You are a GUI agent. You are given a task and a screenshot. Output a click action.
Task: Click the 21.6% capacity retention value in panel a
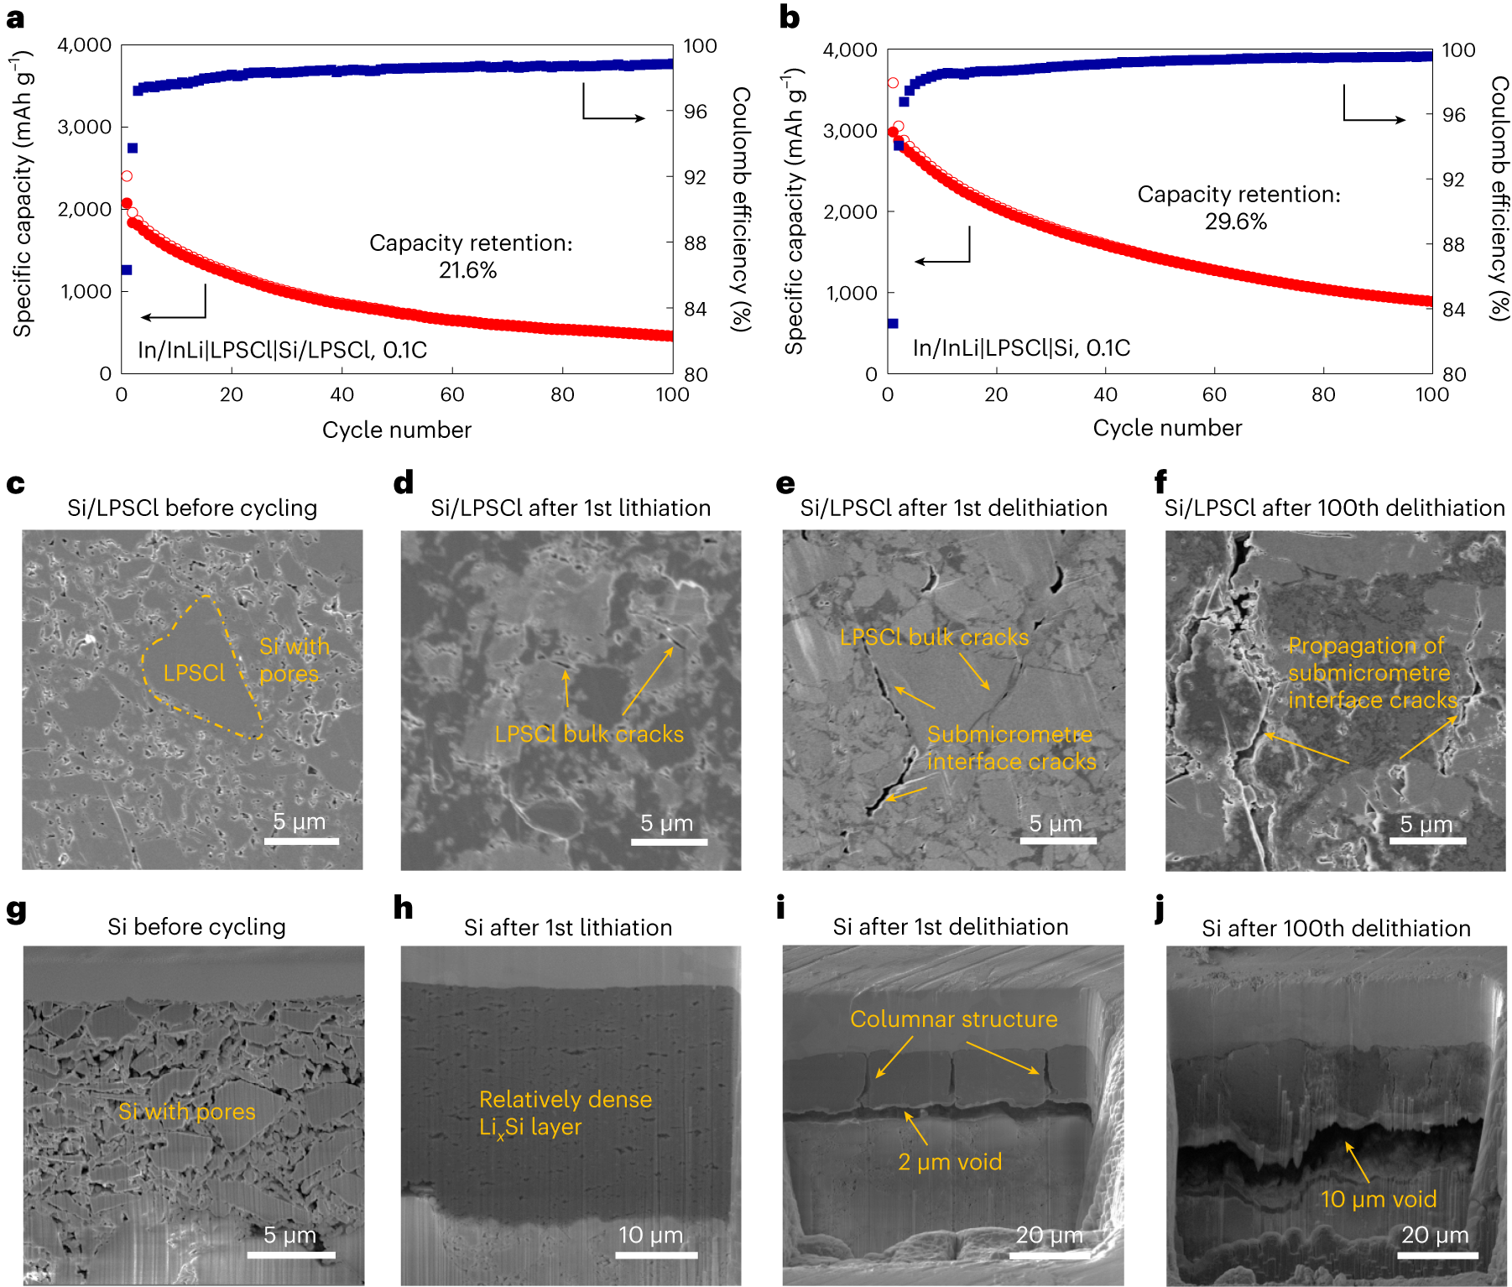pyautogui.click(x=467, y=270)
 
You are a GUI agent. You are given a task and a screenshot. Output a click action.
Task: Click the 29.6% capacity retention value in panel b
pyautogui.click(x=1235, y=221)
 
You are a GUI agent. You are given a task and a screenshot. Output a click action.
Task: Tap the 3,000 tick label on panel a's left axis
pyautogui.click(x=84, y=127)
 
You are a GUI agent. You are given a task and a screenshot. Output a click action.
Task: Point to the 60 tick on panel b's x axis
pyautogui.click(x=1213, y=394)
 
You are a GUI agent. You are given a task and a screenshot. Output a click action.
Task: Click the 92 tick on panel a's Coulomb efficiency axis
pyautogui.click(x=695, y=177)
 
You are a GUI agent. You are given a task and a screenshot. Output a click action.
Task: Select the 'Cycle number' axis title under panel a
pyautogui.click(x=396, y=430)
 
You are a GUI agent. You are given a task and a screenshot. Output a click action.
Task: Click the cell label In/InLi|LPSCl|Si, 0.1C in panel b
pyautogui.click(x=1021, y=347)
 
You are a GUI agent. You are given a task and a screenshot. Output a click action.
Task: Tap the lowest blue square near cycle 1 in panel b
pyautogui.click(x=893, y=323)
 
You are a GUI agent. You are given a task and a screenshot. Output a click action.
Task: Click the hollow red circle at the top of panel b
pyautogui.click(x=893, y=83)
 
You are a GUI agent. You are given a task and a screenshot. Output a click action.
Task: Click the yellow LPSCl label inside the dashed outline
pyautogui.click(x=194, y=673)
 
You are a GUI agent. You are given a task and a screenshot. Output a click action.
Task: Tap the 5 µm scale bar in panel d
pyautogui.click(x=669, y=841)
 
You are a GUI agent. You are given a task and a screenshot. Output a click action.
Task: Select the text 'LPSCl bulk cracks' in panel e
pyautogui.click(x=934, y=637)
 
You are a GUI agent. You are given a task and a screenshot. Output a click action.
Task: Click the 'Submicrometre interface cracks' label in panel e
pyautogui.click(x=1010, y=748)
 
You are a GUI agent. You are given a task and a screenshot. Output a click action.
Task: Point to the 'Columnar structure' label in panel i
pyautogui.click(x=953, y=1019)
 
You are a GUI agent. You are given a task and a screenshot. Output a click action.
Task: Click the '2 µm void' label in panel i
pyautogui.click(x=950, y=1161)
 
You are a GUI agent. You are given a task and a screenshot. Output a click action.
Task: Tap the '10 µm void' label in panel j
pyautogui.click(x=1379, y=1199)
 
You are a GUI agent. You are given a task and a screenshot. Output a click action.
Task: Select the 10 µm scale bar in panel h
pyautogui.click(x=655, y=1255)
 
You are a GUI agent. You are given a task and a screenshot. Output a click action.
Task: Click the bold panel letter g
pyautogui.click(x=16, y=909)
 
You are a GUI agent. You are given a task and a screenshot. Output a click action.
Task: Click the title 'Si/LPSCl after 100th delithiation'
pyautogui.click(x=1334, y=508)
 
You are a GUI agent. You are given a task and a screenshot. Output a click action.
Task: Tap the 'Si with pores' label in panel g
pyautogui.click(x=186, y=1111)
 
